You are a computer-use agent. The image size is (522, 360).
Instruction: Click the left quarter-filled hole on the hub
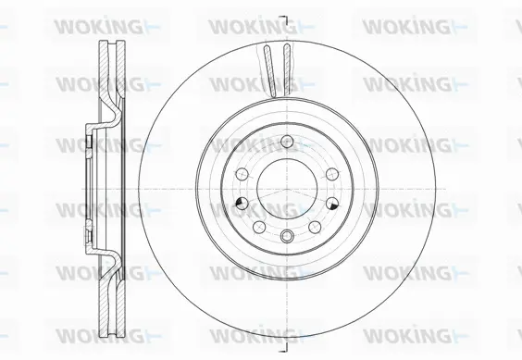tap(239, 205)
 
